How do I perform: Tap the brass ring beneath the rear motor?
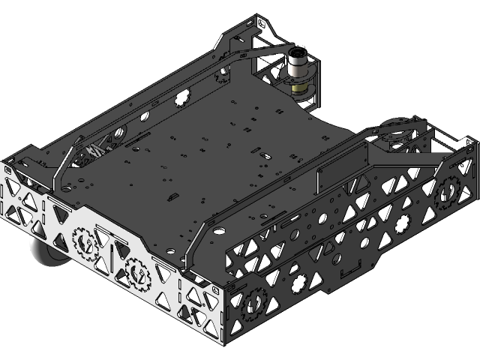tap(299, 88)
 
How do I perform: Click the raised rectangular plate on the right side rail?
tap(341, 171)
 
